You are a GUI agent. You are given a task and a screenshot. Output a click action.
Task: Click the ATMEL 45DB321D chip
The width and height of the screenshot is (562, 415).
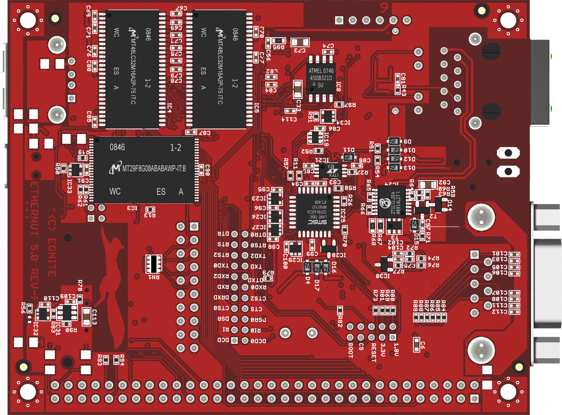click(x=321, y=77)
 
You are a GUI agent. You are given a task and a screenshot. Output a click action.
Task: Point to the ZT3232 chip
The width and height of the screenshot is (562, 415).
click(x=392, y=201)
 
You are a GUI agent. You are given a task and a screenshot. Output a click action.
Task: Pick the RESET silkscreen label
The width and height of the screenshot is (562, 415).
click(x=373, y=352)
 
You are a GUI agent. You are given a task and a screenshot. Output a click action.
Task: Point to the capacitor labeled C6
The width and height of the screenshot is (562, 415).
click(x=417, y=344)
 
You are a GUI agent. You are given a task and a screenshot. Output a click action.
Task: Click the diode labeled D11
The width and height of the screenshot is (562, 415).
click(x=348, y=156)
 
